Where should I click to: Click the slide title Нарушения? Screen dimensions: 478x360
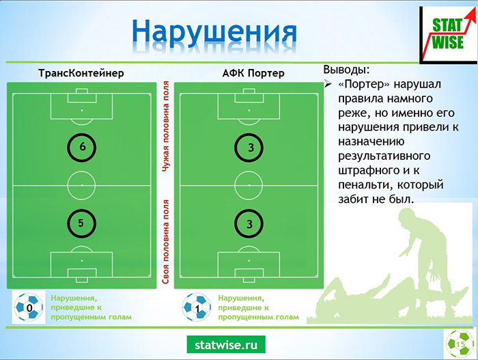click(x=214, y=33)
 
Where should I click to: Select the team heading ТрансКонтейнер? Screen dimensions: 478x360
click(x=81, y=73)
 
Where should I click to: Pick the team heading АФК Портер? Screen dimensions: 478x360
click(x=253, y=73)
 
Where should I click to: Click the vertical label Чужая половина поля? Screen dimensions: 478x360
click(x=165, y=126)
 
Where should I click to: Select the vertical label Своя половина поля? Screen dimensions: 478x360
click(x=165, y=242)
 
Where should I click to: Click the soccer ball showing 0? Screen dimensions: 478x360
click(x=29, y=307)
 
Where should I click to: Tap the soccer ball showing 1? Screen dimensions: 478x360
click(x=197, y=307)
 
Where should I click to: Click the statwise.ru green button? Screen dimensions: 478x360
click(x=226, y=344)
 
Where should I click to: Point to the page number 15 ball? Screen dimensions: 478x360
click(x=460, y=344)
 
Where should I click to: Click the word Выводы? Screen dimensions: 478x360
click(x=346, y=70)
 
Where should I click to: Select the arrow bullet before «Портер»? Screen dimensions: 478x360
click(x=328, y=83)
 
